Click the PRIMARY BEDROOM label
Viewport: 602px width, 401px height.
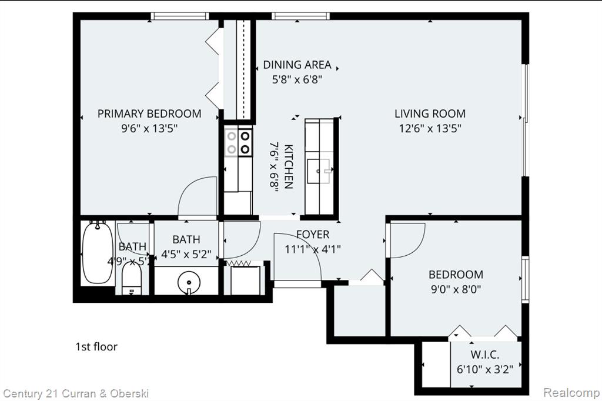coord(149,113)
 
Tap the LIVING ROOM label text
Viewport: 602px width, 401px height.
coord(430,113)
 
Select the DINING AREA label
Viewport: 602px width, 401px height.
coord(297,65)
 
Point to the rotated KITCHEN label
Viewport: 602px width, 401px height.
coord(288,166)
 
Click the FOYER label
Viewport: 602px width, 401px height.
coord(313,234)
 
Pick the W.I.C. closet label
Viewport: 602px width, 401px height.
coord(485,355)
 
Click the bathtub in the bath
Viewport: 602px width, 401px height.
coord(98,252)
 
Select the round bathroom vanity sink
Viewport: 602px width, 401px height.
coord(189,282)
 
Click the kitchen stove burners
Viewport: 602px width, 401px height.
coord(238,142)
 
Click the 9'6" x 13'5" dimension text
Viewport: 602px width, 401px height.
coord(149,128)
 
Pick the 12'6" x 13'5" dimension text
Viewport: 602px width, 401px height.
coord(430,128)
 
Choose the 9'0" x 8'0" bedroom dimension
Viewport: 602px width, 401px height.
coord(456,289)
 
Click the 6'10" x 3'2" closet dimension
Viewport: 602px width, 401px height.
coord(485,369)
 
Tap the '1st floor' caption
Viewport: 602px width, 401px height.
coord(96,347)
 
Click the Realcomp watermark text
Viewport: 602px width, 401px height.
coord(571,393)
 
